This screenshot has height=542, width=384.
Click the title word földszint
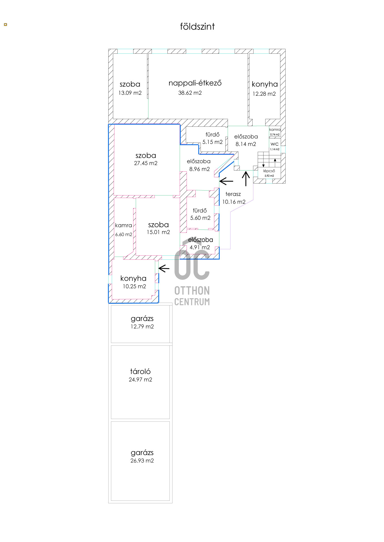pyautogui.click(x=197, y=27)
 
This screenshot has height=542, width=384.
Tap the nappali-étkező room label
pyautogui.click(x=195, y=83)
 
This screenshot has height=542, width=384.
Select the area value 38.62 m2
pyautogui.click(x=190, y=93)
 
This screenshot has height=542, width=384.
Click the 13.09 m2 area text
pyautogui.click(x=130, y=93)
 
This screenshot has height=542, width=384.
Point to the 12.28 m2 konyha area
pyautogui.click(x=264, y=94)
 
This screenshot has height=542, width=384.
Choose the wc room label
pyautogui.click(x=275, y=144)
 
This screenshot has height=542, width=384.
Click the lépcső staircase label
pyautogui.click(x=269, y=171)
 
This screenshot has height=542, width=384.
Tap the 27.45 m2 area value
pyautogui.click(x=146, y=163)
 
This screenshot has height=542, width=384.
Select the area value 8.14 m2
pyautogui.click(x=246, y=144)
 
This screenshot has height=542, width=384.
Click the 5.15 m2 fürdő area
pyautogui.click(x=212, y=142)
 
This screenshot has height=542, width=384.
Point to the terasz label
pyautogui.click(x=233, y=194)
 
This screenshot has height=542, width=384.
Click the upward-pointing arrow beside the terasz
pyautogui.click(x=246, y=179)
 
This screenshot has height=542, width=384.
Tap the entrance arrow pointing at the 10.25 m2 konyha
pyautogui.click(x=164, y=268)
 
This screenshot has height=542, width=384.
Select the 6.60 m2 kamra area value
pyautogui.click(x=124, y=234)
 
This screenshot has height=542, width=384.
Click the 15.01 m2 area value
pyautogui.click(x=158, y=232)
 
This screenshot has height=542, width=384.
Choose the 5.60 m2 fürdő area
pyautogui.click(x=200, y=218)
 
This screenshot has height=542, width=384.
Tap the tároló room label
pyautogui.click(x=140, y=371)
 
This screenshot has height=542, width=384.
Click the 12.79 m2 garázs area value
pyautogui.click(x=142, y=327)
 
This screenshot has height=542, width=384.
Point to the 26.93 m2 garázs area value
pyautogui.click(x=142, y=461)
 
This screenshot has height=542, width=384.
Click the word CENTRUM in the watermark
pyautogui.click(x=192, y=302)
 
